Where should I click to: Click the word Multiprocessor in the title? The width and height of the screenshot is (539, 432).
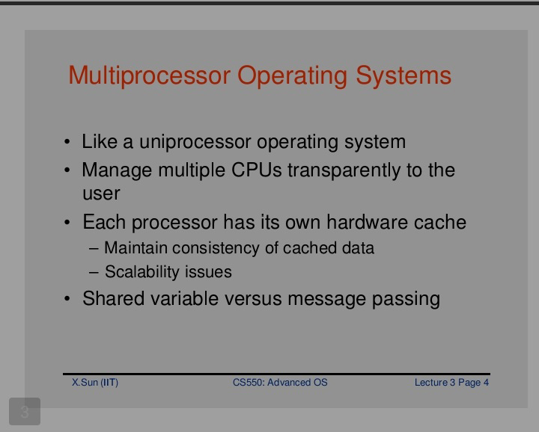click(x=150, y=75)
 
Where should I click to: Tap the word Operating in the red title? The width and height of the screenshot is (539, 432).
click(x=292, y=76)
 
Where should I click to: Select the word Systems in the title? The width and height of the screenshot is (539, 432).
click(x=404, y=75)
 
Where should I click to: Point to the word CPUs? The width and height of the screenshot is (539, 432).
click(x=257, y=170)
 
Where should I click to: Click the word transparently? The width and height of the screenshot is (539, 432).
click(x=344, y=171)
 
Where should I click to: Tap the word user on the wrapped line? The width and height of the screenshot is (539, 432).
click(x=101, y=194)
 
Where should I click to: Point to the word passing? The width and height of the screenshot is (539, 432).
click(x=406, y=299)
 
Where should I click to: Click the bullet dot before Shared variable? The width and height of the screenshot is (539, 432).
click(x=67, y=298)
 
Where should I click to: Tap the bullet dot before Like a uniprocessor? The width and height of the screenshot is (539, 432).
click(x=67, y=142)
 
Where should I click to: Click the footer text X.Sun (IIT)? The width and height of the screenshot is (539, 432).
click(x=95, y=383)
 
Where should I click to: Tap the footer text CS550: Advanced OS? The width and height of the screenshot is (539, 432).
click(x=280, y=382)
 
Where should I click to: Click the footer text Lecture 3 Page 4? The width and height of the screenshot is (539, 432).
click(x=451, y=383)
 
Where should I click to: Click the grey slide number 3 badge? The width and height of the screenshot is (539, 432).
click(x=25, y=411)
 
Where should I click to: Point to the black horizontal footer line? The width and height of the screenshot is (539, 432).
click(x=276, y=374)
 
